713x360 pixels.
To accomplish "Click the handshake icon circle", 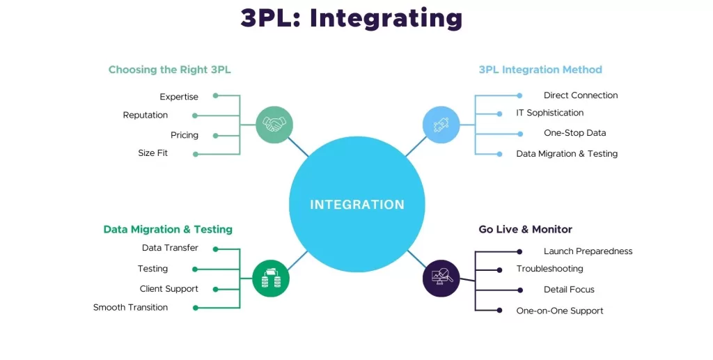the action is tap(274, 125).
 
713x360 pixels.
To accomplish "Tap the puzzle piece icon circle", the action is tap(441, 125).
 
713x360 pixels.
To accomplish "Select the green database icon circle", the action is tap(271, 279).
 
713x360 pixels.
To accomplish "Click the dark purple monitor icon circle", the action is tap(441, 279).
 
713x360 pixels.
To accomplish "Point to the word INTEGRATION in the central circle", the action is tap(357, 205).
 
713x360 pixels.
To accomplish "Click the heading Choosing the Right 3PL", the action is tap(170, 70).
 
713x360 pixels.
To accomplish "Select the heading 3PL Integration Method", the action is tap(540, 70).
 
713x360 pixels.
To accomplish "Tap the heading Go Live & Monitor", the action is tap(525, 229).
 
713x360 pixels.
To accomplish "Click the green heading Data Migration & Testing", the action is tap(168, 229).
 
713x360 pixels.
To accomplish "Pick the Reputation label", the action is tap(145, 115).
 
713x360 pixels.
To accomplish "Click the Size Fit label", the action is tap(152, 153).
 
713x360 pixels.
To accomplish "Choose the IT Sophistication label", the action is tap(550, 113).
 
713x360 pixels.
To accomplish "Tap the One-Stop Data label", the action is tap(574, 133).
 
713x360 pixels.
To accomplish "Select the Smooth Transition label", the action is tap(130, 307).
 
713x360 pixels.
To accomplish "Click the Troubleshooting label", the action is tap(550, 269).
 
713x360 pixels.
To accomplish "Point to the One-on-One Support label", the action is tap(560, 311).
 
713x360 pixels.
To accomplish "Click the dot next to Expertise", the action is tap(216, 95).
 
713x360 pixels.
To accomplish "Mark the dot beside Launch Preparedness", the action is tap(519, 251).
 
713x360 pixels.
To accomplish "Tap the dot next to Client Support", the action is tap(216, 289).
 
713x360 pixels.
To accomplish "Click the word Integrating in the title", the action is tap(386, 19).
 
